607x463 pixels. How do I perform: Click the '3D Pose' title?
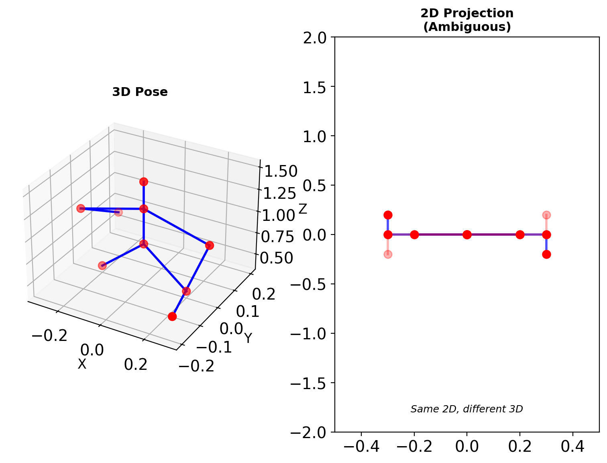(x=140, y=92)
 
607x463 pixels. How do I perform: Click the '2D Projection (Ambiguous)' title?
(x=467, y=20)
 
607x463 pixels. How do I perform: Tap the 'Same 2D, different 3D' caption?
(x=466, y=409)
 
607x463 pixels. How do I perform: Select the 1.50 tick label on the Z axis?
(x=279, y=171)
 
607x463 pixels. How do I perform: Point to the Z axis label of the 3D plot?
(x=302, y=209)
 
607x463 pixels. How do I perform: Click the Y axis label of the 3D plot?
(x=248, y=339)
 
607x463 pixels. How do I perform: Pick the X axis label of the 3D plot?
(x=82, y=364)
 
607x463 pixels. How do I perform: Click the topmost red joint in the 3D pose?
(x=144, y=182)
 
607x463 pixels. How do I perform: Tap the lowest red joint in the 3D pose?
(x=172, y=316)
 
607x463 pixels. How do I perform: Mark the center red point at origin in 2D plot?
(x=467, y=235)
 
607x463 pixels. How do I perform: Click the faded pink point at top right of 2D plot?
(x=546, y=215)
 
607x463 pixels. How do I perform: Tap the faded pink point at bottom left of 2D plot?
(x=388, y=254)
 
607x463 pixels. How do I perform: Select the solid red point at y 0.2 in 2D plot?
(x=388, y=215)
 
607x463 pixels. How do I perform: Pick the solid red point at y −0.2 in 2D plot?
(x=546, y=254)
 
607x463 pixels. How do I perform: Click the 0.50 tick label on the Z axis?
(x=277, y=258)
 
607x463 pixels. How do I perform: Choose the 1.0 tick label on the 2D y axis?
(x=316, y=136)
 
